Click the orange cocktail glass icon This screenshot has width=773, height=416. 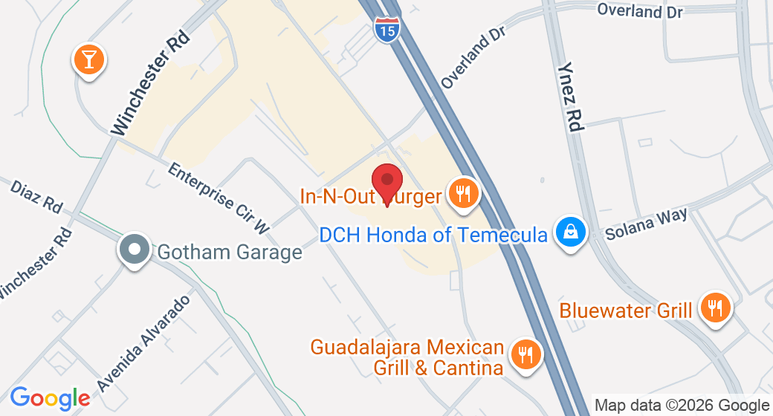click(x=89, y=59)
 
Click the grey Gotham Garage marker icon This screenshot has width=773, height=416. click(x=135, y=250)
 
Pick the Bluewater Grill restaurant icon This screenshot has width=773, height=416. click(x=715, y=308)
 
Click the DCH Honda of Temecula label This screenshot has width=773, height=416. click(x=433, y=235)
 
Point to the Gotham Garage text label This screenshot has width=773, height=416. click(x=230, y=252)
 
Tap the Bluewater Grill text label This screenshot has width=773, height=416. click(x=626, y=310)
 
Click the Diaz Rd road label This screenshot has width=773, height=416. click(x=36, y=195)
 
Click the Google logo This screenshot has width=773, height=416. click(x=50, y=398)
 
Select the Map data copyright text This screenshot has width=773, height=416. click(x=682, y=406)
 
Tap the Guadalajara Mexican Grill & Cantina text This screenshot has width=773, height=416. click(x=407, y=357)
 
